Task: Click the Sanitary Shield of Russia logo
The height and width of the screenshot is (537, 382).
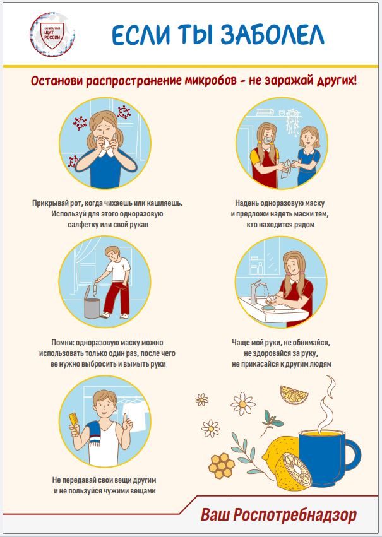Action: point(52,34)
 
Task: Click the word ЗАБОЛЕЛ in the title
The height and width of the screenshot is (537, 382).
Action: point(272,35)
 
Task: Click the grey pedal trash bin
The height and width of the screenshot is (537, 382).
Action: point(92,302)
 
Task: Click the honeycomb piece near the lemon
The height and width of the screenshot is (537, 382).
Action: point(222,466)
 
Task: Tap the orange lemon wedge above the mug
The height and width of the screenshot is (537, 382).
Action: point(294,395)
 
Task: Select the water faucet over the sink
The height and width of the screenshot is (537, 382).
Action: point(256,290)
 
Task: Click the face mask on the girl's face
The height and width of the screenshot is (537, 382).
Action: point(268,139)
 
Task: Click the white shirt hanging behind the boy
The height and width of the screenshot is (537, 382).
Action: point(136,415)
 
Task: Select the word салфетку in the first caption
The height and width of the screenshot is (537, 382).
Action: point(82,225)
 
